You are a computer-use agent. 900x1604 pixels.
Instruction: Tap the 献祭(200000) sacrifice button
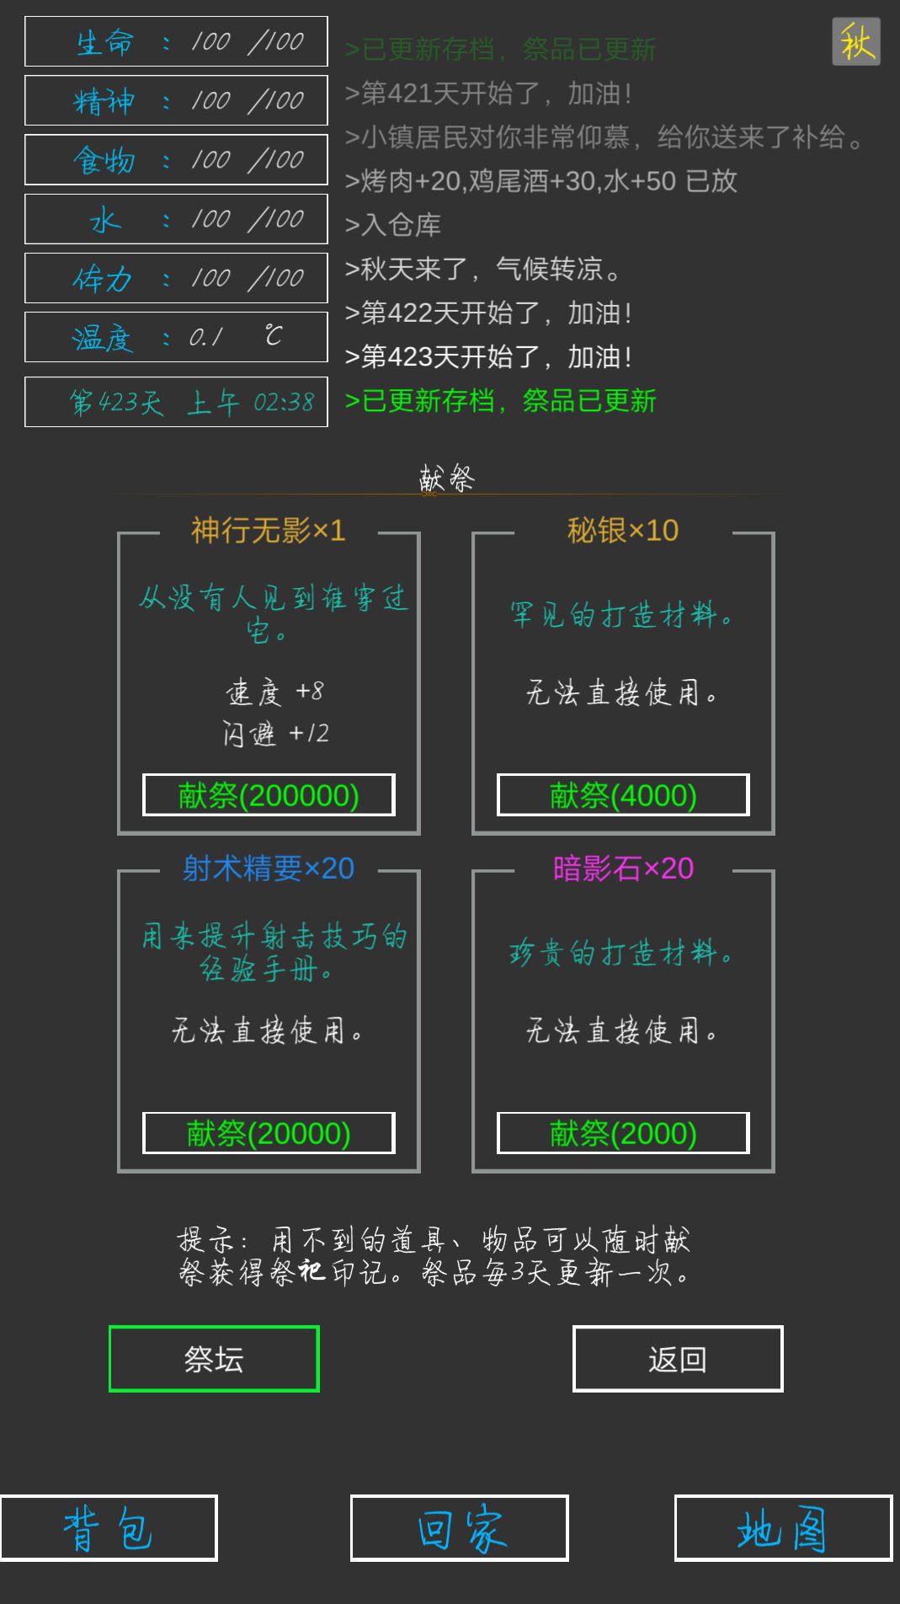(x=269, y=795)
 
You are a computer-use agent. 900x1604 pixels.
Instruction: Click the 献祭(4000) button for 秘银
(x=623, y=795)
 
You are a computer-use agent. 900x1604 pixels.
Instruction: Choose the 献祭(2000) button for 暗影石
(x=623, y=1133)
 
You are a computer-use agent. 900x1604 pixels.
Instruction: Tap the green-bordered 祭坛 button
(x=214, y=1359)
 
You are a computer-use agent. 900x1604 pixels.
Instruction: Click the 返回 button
(x=678, y=1359)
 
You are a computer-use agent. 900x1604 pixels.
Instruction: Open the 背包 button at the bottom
(x=109, y=1528)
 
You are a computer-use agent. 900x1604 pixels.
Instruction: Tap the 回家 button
(x=460, y=1528)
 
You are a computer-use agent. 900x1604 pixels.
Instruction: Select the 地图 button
(x=783, y=1528)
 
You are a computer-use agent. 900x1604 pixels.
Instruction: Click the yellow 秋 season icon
(x=856, y=41)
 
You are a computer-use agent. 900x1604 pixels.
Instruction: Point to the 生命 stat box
(x=176, y=41)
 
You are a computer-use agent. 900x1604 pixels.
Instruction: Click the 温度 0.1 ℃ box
(x=176, y=337)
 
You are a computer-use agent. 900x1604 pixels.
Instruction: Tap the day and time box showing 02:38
(x=176, y=402)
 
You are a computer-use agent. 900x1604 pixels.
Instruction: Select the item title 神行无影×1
(x=269, y=531)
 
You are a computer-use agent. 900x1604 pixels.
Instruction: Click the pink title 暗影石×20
(x=623, y=869)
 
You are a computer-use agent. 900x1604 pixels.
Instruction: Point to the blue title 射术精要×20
(x=269, y=869)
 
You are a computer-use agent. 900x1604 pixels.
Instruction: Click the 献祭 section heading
(x=447, y=479)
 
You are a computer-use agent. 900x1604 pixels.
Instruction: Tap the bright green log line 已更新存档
(x=501, y=401)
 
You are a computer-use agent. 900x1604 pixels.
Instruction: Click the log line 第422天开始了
(x=488, y=313)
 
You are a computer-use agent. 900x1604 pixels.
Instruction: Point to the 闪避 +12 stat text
(x=276, y=733)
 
